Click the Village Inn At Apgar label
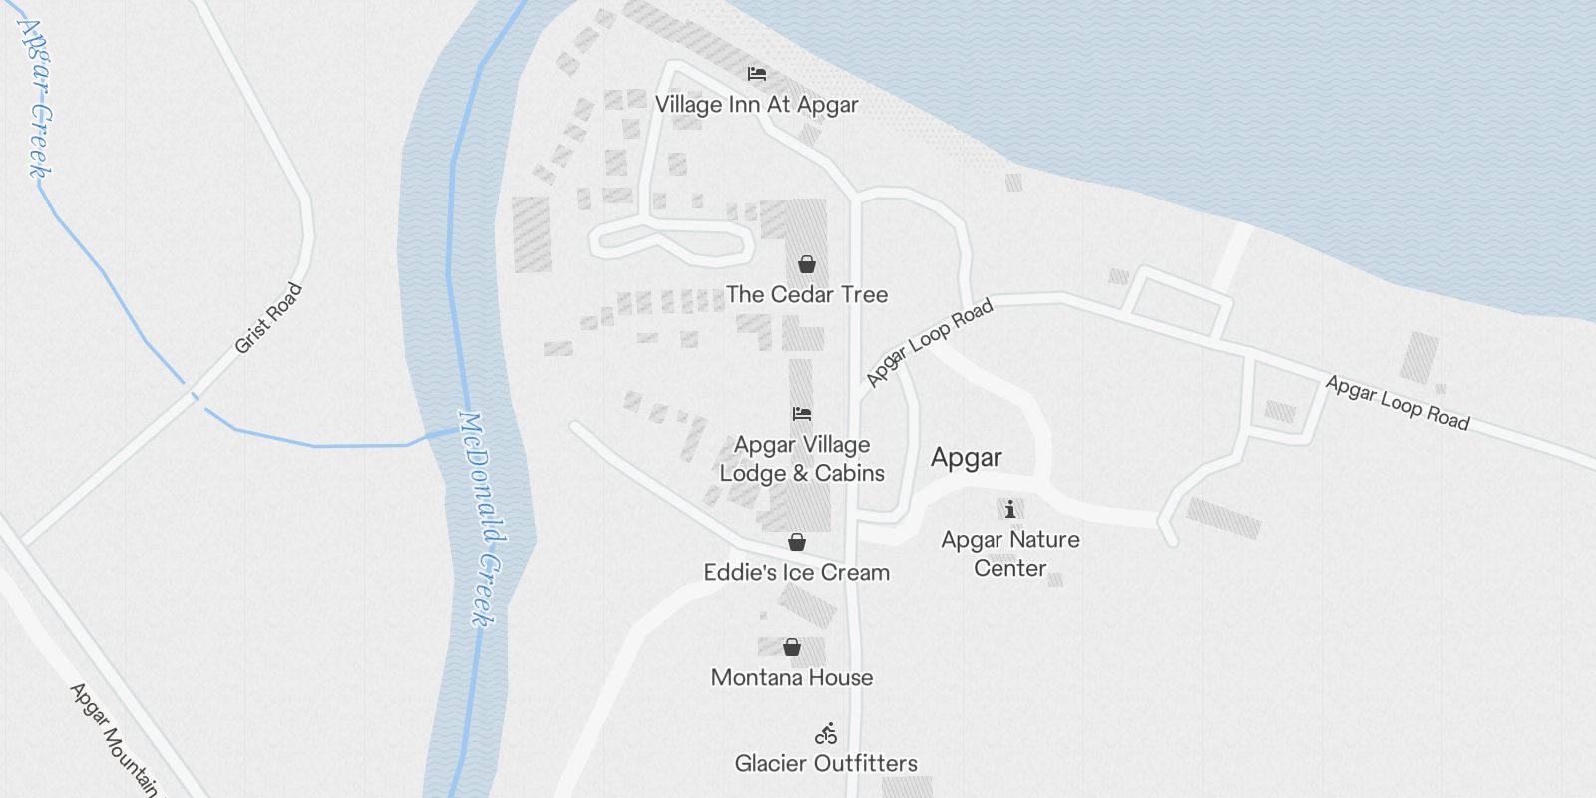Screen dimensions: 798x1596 coord(756,105)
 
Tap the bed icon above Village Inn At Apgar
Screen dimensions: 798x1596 coord(757,74)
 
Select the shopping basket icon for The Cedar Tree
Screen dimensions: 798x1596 coord(807,264)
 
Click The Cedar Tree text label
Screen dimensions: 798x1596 coord(807,294)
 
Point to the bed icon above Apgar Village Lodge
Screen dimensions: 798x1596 coord(802,413)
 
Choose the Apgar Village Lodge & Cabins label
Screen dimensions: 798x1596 coord(802,459)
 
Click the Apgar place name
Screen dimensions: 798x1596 coord(966,458)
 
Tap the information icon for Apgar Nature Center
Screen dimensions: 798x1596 coord(1010,510)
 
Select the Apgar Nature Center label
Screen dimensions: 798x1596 coord(1010,554)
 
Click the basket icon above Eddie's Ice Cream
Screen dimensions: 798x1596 coord(797,542)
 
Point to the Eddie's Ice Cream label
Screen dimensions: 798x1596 coord(797,573)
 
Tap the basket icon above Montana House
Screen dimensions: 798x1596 coord(792,647)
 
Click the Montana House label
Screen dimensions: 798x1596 coord(792,678)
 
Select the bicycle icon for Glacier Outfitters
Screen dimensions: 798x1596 coord(826,734)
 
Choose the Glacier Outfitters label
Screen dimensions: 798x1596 coord(826,764)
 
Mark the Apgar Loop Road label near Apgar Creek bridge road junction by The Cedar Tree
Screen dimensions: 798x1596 coord(929,343)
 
